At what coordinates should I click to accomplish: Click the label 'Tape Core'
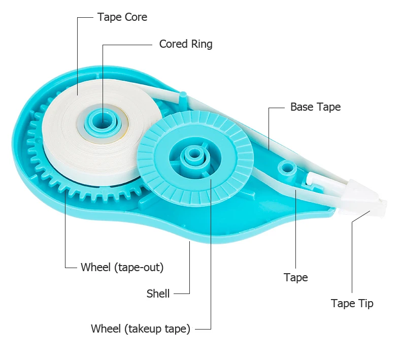point(122,17)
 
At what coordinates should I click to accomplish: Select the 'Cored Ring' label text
point(186,44)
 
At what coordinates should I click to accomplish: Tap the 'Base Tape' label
point(315,107)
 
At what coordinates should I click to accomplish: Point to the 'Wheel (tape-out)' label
point(122,267)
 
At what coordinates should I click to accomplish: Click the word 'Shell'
point(158,293)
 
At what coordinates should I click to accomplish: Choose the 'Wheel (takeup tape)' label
point(141,329)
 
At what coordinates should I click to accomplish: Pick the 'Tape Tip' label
point(352,304)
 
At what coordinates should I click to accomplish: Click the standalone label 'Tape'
point(296,277)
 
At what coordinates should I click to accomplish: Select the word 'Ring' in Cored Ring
point(202,44)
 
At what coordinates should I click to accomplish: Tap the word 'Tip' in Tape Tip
point(365,304)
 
